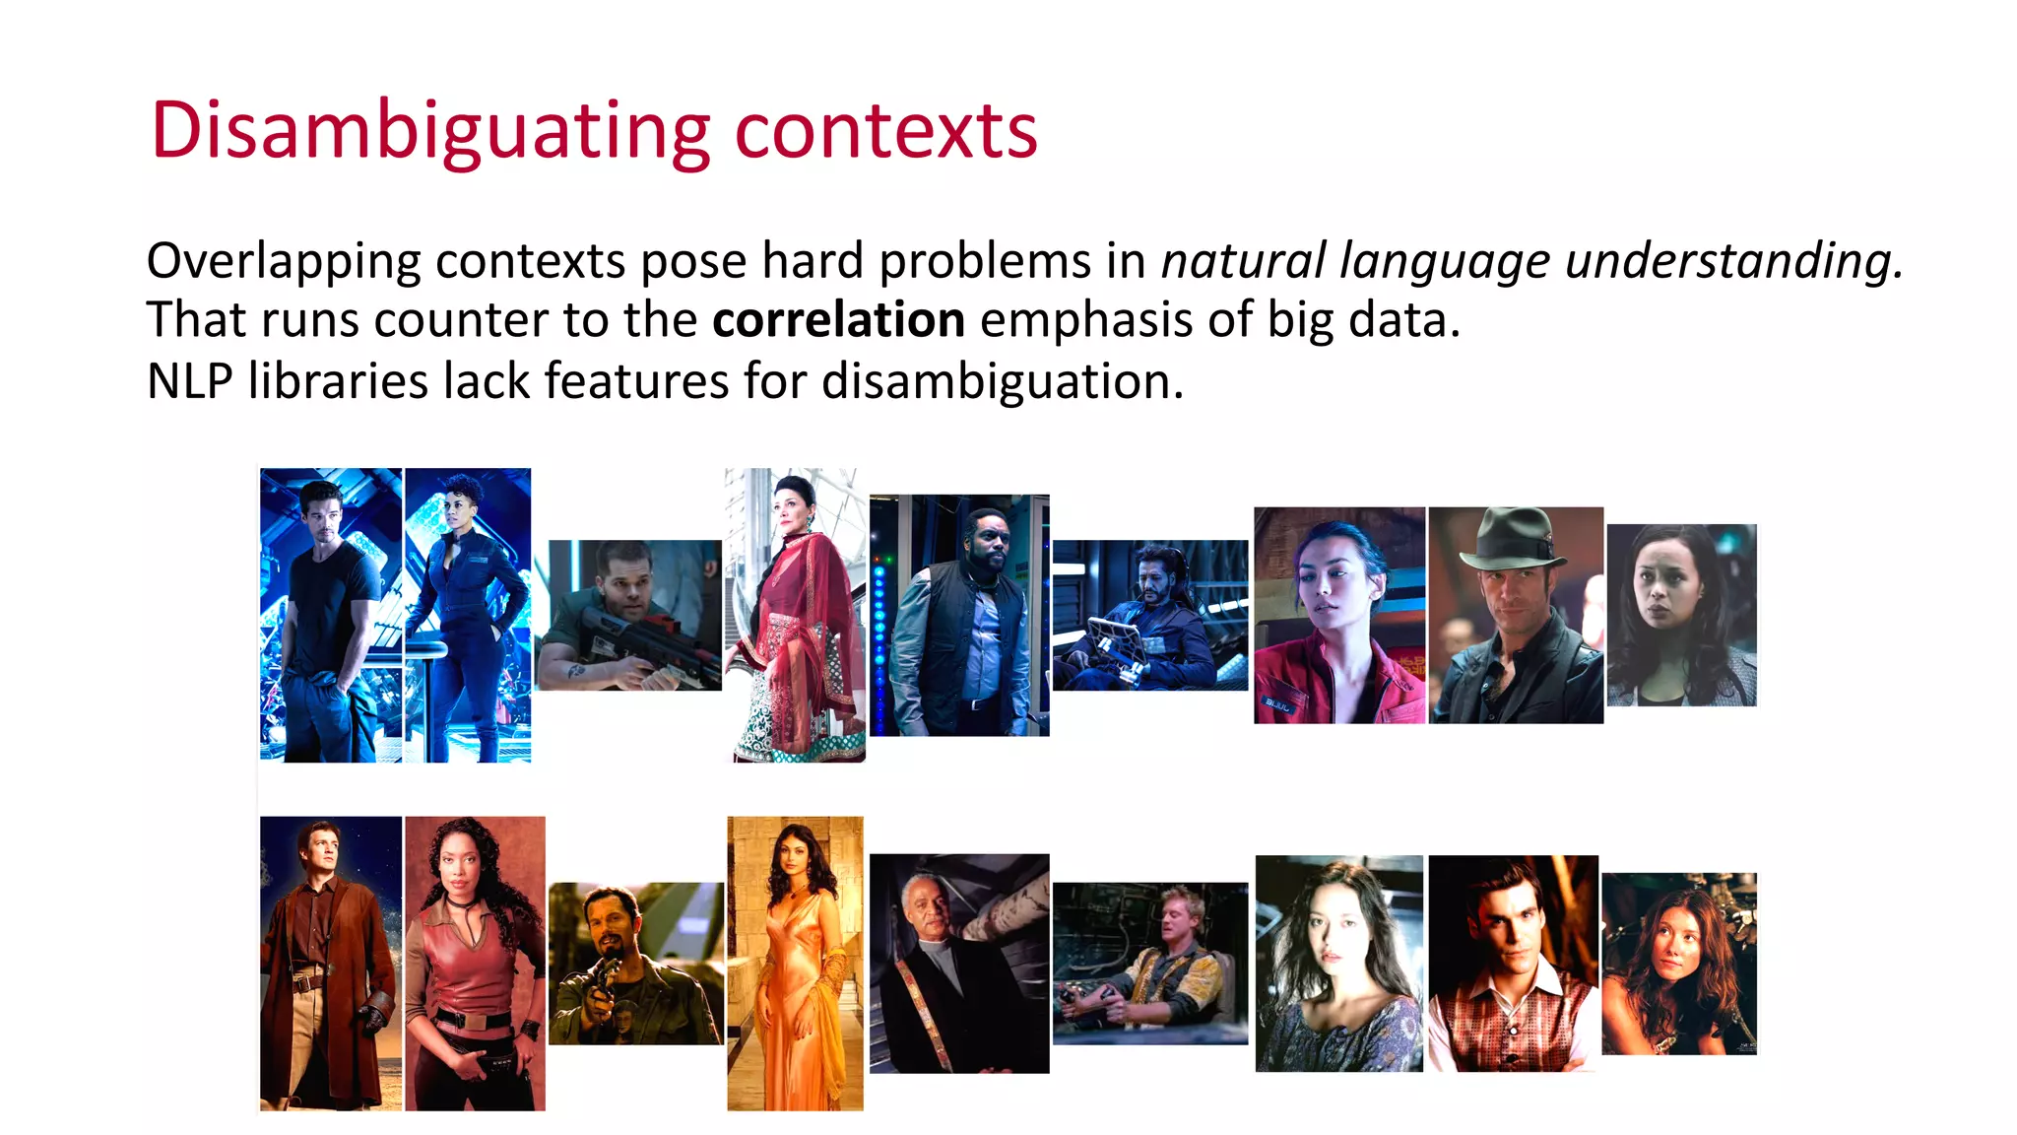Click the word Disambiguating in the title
[x=430, y=131]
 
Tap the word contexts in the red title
[x=885, y=131]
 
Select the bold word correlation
[x=838, y=320]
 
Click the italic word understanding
[x=1732, y=261]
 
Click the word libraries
[x=338, y=381]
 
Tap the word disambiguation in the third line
[x=1001, y=381]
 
